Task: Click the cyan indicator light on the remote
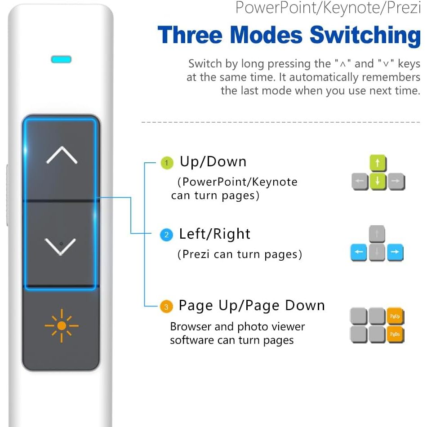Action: pos(62,59)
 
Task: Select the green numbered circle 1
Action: pos(167,163)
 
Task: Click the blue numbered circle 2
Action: pos(166,235)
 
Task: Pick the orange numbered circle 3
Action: pos(166,307)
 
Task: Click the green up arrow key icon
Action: pos(378,164)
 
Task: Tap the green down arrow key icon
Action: pos(378,182)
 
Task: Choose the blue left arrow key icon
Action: pos(359,252)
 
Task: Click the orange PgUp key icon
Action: pos(395,316)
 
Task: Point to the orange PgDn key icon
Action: pos(395,334)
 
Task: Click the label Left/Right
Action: pos(214,234)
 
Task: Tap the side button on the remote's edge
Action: pos(7,196)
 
